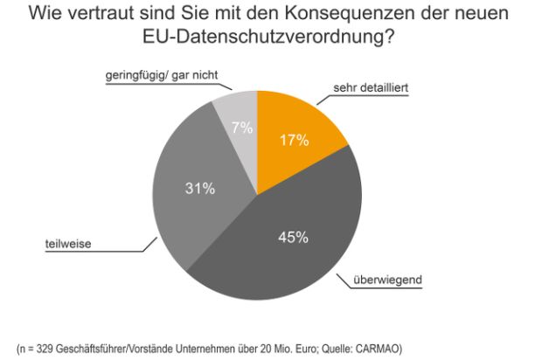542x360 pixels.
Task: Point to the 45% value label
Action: coord(292,237)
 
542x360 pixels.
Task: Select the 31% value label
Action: coord(199,188)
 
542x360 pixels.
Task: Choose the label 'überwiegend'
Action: coord(389,280)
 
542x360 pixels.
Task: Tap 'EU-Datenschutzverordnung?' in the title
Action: coord(271,39)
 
